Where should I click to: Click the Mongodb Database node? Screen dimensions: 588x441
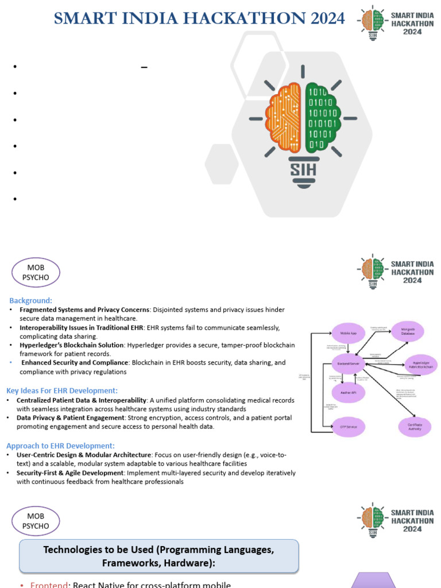pos(408,332)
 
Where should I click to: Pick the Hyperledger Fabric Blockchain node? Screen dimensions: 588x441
pos(421,365)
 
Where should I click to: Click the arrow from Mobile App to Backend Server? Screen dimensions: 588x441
pos(349,347)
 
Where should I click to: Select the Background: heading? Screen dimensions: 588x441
pos(30,300)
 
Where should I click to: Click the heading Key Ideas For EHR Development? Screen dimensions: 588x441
pos(62,390)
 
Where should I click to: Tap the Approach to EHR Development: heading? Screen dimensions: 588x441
pos(60,446)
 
